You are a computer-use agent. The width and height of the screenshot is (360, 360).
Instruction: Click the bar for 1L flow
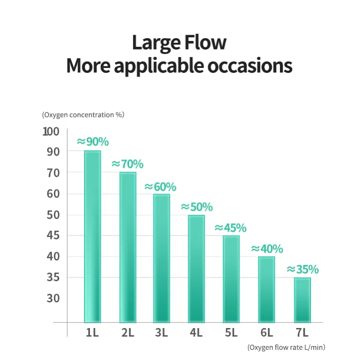tap(93, 236)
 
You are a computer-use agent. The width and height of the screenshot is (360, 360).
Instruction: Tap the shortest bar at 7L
tap(302, 300)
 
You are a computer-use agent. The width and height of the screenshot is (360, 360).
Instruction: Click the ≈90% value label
tap(93, 141)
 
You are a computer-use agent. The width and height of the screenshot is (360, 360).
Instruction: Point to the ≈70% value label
tap(127, 164)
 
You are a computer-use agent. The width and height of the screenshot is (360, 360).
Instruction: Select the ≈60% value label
tap(160, 186)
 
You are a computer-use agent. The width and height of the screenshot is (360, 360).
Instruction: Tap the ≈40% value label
tap(267, 249)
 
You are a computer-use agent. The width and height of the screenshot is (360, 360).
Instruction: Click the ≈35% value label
tap(302, 270)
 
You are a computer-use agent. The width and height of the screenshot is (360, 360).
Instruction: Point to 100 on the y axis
tap(51, 131)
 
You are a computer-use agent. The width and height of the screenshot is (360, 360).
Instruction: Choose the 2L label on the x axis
tap(127, 333)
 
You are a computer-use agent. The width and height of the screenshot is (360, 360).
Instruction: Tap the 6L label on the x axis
tap(267, 333)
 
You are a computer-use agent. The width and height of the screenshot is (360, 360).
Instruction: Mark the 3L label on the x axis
tap(162, 333)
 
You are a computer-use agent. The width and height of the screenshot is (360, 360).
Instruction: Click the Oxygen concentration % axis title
tap(83, 115)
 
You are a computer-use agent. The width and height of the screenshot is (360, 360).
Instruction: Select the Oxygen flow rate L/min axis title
tap(286, 347)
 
